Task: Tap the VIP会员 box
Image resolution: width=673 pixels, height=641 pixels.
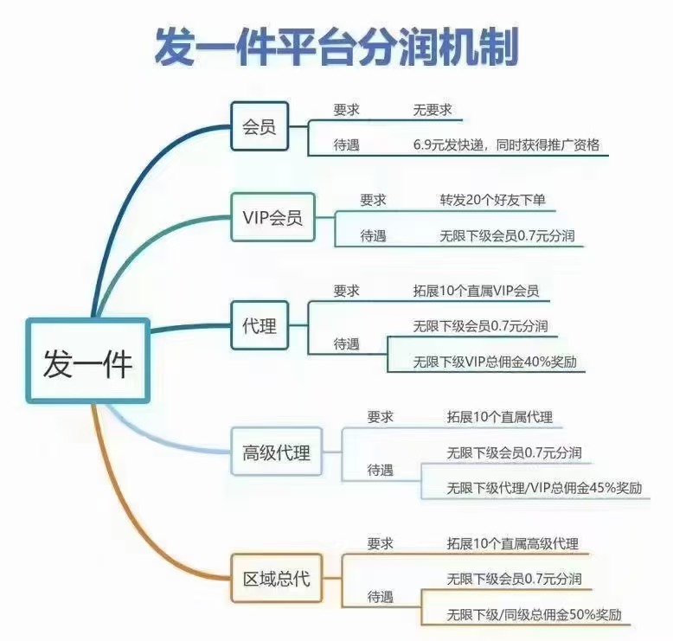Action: (272, 218)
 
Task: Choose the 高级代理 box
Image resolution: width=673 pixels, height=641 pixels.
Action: (276, 452)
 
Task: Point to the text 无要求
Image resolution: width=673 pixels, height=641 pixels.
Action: (433, 111)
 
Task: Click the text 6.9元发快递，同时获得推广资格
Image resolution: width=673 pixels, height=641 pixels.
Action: (506, 145)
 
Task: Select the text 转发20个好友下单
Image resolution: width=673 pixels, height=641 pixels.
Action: (492, 201)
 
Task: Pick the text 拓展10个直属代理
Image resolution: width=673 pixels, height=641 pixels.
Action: (499, 418)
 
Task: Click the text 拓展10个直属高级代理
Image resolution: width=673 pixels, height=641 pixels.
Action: (512, 544)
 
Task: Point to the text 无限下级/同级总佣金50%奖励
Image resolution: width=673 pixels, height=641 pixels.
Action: (534, 615)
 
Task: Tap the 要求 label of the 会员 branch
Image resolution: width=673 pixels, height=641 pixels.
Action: (347, 111)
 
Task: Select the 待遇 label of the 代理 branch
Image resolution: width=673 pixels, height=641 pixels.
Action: (347, 344)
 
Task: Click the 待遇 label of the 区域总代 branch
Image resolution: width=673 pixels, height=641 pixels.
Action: (381, 597)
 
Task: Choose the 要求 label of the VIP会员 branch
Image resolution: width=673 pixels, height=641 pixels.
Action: (373, 201)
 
